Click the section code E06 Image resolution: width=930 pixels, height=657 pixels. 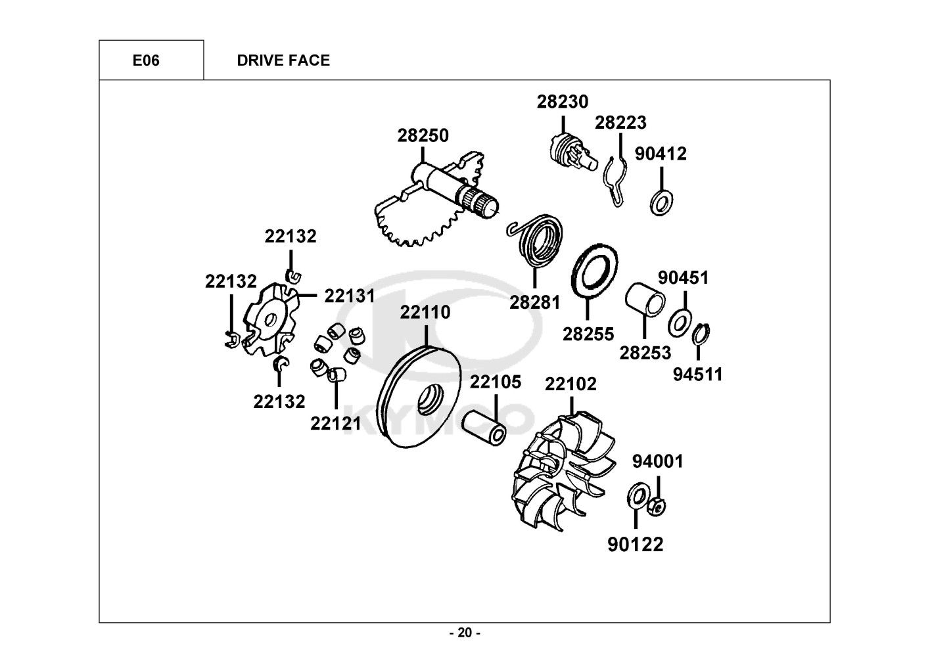coord(146,60)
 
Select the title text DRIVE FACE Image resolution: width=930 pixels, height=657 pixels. coord(283,60)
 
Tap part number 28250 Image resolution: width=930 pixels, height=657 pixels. coord(423,136)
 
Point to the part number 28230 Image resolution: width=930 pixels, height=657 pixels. coord(563,102)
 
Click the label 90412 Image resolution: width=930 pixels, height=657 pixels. coord(661,154)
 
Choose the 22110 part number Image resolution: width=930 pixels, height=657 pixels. coord(425,313)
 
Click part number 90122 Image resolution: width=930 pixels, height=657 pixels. coord(635,545)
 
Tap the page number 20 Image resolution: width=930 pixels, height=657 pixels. coord(465,633)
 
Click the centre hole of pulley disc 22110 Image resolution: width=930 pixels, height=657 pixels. coord(425,400)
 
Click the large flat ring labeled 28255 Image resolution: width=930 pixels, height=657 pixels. coord(595,271)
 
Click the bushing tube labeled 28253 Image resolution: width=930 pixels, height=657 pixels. coord(645,300)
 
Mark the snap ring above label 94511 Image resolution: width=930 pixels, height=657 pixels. coord(701,334)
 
